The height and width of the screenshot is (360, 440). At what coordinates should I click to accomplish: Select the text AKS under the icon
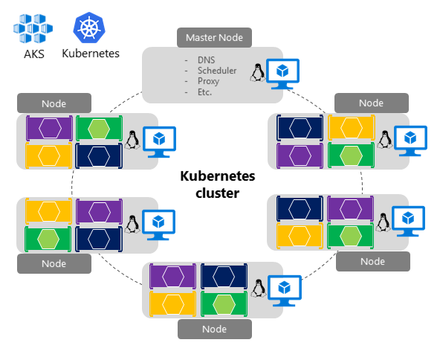(x=33, y=54)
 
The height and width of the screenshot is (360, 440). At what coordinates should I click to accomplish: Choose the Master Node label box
(x=215, y=37)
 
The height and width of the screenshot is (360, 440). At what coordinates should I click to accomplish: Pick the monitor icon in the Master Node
(x=284, y=73)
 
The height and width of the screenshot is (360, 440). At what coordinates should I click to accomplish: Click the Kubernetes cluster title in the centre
(x=217, y=184)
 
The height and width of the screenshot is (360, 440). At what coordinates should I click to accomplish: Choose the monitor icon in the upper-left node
(x=158, y=139)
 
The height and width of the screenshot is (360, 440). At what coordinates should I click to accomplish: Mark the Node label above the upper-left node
(x=54, y=103)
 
